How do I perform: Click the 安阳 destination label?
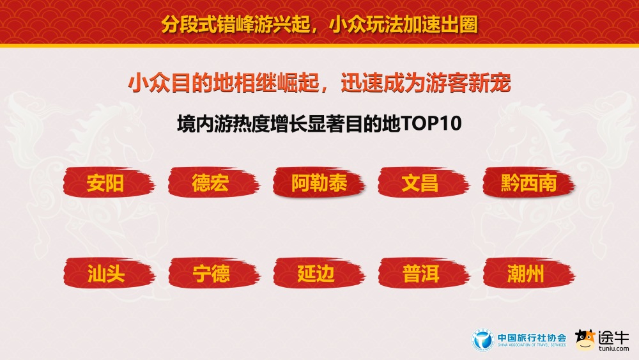coord(105,184)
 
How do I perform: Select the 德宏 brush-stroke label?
coord(210,184)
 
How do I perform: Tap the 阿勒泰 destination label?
coord(319,184)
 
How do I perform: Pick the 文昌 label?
coord(420,184)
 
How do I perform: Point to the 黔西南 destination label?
coord(528,184)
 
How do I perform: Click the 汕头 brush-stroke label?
coord(105,274)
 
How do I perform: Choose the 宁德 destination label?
coord(210,274)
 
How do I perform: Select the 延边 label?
coord(316,274)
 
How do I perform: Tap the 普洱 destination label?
coord(420,274)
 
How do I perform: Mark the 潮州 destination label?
coord(525,274)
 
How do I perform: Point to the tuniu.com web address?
coord(614,348)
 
